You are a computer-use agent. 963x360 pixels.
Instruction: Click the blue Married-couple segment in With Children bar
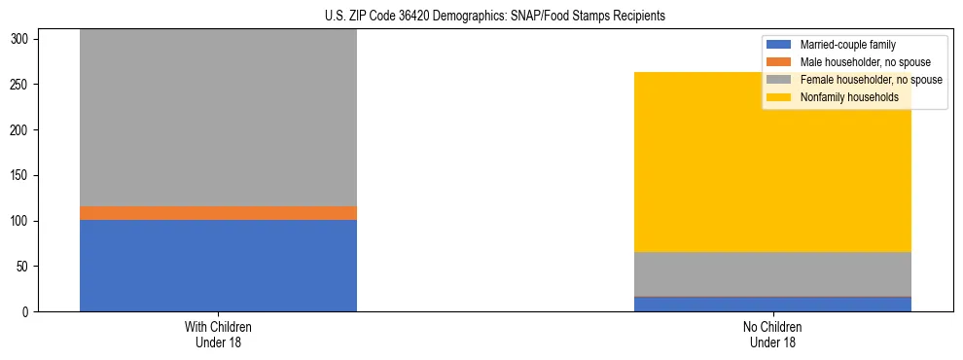coord(218,266)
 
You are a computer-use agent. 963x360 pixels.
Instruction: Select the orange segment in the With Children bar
coord(218,213)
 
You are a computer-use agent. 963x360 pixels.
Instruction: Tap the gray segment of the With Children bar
coord(218,118)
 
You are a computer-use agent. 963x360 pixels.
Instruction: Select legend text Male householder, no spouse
coord(858,62)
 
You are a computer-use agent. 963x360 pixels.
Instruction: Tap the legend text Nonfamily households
coord(842,97)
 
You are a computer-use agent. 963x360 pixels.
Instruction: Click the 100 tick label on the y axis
coord(24,221)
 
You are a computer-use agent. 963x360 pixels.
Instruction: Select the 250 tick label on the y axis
coord(24,85)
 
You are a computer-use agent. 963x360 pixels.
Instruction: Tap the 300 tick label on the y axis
coord(24,39)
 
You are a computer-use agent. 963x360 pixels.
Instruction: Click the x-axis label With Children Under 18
coord(218,335)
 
